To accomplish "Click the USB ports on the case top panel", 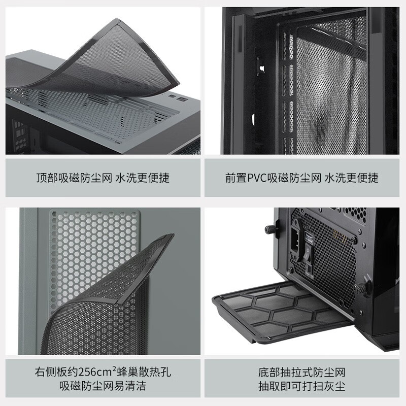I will click(x=174, y=96).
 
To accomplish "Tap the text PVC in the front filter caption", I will click(x=257, y=178).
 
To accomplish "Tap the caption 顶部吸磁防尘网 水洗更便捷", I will click(x=103, y=178).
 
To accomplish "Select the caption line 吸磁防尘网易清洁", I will click(x=103, y=386).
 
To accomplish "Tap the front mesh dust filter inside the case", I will click(x=330, y=86).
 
